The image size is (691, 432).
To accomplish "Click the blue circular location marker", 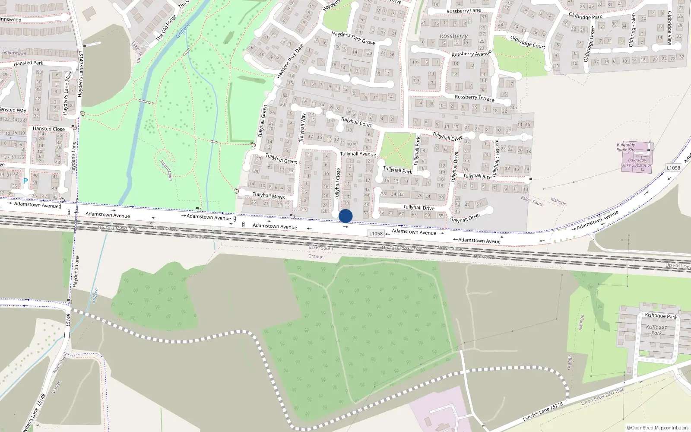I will tap(345, 216).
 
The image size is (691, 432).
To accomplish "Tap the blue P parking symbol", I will tap(25, 181).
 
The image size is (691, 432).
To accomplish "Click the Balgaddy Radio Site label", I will tap(626, 147).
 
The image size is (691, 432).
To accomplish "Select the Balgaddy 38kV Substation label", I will tap(637, 163).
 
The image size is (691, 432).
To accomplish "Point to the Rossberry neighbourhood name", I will tap(453, 36).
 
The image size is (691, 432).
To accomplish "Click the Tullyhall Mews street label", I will tap(269, 196).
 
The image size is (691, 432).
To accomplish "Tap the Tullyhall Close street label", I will tap(338, 183).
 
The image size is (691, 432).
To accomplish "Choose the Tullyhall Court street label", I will tap(356, 122).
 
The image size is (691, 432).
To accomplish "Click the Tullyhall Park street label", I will tap(397, 170).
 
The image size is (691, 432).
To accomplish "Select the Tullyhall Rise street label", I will tap(477, 176).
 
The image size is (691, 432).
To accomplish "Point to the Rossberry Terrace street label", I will tap(474, 98).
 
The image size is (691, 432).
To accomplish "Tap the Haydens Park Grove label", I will tap(353, 38).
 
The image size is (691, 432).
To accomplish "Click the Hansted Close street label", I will tap(49, 129).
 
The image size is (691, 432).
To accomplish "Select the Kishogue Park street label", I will tap(661, 316).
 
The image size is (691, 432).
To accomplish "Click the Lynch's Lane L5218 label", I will tap(543, 412).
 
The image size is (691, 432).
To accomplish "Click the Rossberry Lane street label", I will tap(463, 11).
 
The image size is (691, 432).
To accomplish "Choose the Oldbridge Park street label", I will tap(585, 16).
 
